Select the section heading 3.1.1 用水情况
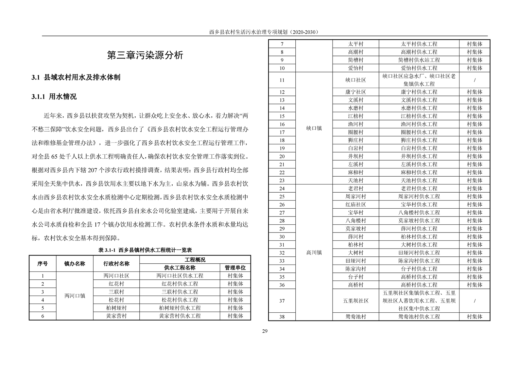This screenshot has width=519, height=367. click(x=54, y=96)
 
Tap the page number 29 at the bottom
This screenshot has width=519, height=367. click(x=265, y=331)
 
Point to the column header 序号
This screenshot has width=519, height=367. click(x=43, y=264)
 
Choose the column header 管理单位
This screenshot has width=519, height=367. click(x=235, y=268)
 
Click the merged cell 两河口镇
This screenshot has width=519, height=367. click(x=75, y=296)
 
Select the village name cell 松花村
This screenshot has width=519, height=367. click(x=116, y=300)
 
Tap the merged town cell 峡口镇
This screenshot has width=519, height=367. click(x=314, y=128)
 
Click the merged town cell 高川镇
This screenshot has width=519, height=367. click(x=314, y=253)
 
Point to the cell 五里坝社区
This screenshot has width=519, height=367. click(x=355, y=301)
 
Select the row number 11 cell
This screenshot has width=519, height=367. click(x=282, y=80)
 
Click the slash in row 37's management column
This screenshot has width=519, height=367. click(x=475, y=301)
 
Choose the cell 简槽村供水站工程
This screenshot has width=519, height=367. click(x=419, y=60)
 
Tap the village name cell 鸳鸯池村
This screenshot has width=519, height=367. click(x=355, y=317)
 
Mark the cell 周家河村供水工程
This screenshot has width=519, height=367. click(x=419, y=197)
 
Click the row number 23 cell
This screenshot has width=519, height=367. click(x=282, y=181)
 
